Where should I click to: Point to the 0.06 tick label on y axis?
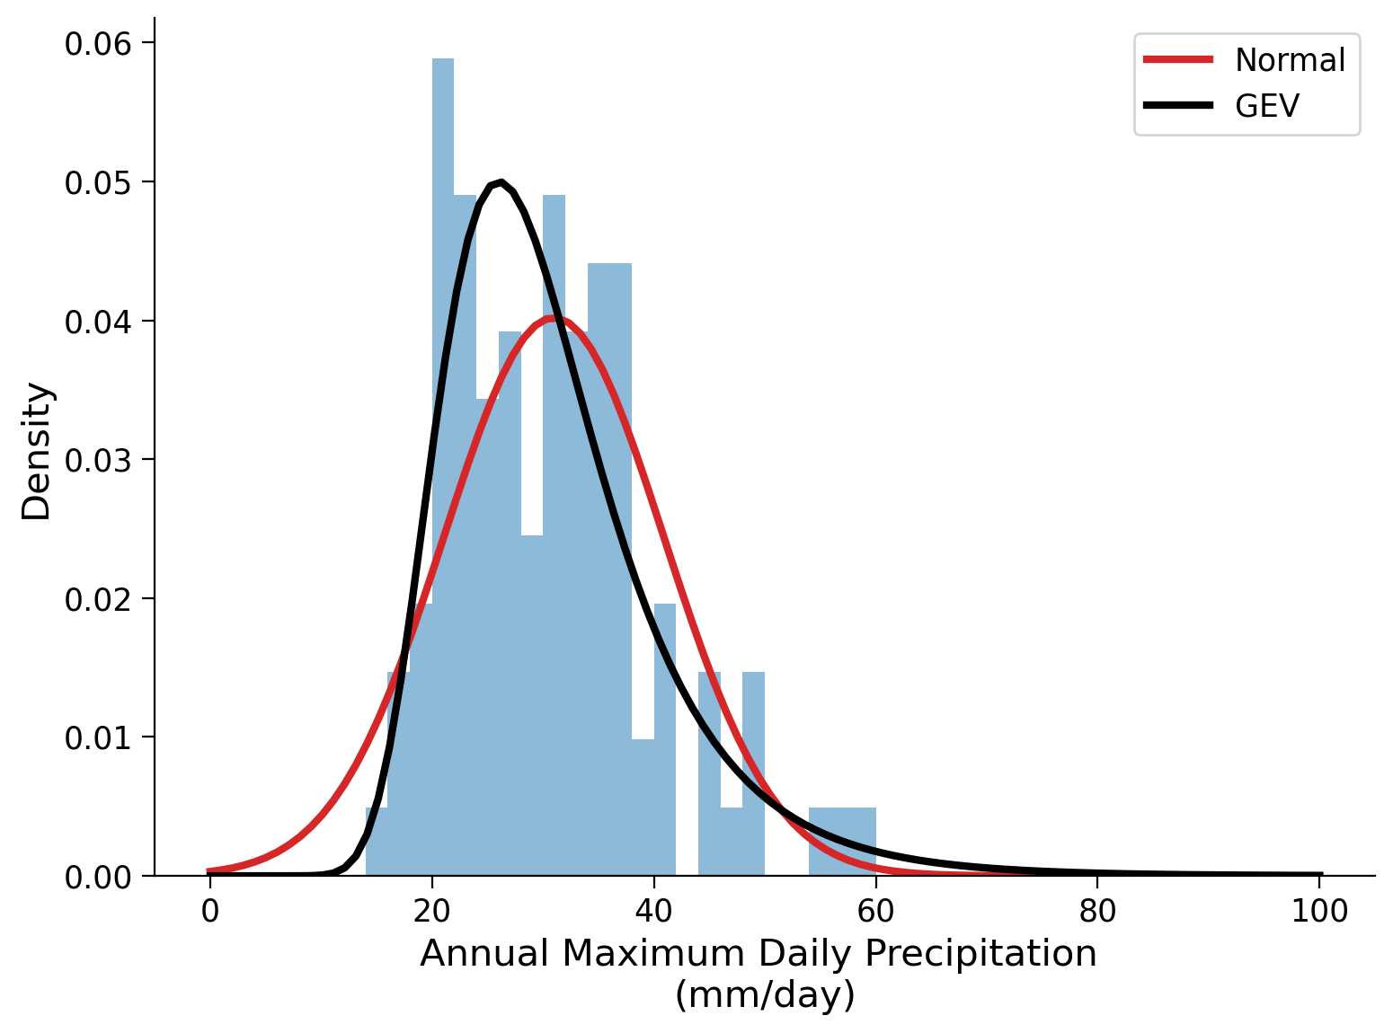coord(96,43)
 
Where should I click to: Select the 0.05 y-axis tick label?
coord(96,182)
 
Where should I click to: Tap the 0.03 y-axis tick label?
coord(96,460)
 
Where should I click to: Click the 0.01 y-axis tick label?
coord(96,737)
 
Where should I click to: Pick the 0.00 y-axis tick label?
coord(96,876)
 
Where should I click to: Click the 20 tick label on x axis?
coord(431,911)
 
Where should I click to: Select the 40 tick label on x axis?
coord(653,911)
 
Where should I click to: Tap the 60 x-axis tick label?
coord(875,911)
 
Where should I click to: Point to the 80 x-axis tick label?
coord(1097,911)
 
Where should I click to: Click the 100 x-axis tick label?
coord(1319,911)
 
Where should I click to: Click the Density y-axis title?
coord(37,451)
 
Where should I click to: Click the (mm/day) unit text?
coord(765,995)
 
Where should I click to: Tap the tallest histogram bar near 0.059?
coord(443,449)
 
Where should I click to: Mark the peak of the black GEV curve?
coord(500,182)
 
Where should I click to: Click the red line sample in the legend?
coord(1178,60)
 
